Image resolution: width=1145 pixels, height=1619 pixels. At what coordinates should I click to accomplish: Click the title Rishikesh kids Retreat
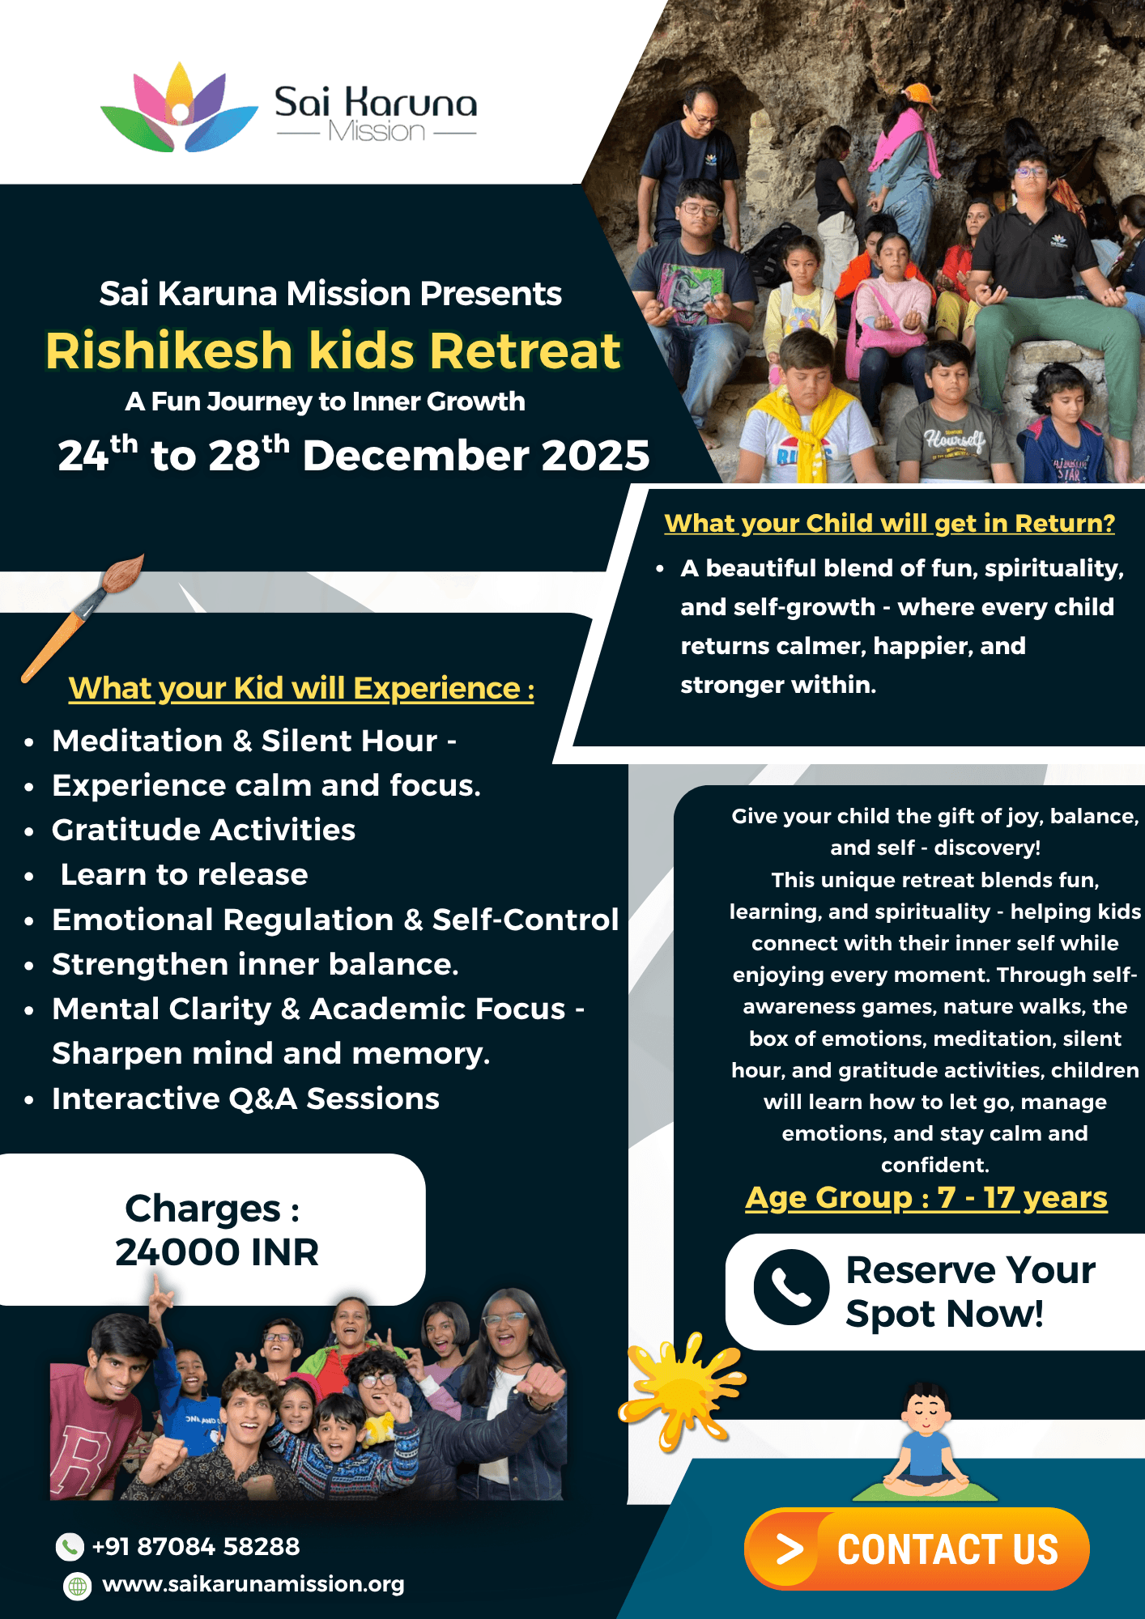[x=333, y=351]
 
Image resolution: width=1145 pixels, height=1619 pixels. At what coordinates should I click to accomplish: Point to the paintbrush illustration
[x=82, y=614]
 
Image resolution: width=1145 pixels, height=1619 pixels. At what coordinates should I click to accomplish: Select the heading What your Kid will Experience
[x=301, y=688]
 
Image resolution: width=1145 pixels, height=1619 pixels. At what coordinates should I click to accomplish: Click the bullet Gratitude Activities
[x=203, y=830]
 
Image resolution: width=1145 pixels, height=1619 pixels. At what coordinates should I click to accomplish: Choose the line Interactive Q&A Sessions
[x=245, y=1098]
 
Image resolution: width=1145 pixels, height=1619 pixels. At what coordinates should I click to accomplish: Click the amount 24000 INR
[x=217, y=1251]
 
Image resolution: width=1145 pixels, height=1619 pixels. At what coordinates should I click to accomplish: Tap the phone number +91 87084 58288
[x=195, y=1546]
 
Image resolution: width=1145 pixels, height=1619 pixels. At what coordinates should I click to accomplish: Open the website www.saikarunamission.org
[x=253, y=1584]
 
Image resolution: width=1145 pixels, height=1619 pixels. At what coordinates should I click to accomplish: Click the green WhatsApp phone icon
[x=70, y=1547]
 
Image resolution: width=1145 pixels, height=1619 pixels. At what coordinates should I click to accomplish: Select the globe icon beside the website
[x=78, y=1586]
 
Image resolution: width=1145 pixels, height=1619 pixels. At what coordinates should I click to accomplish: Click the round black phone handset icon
[x=791, y=1287]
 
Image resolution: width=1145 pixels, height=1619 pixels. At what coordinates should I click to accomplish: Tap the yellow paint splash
[x=680, y=1388]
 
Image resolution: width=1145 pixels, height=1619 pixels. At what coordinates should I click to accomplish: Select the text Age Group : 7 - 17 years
[x=926, y=1197]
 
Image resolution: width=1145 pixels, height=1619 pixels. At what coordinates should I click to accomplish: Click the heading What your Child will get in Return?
[x=889, y=523]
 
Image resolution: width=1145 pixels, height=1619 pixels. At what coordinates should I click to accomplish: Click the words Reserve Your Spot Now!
[x=969, y=1292]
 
